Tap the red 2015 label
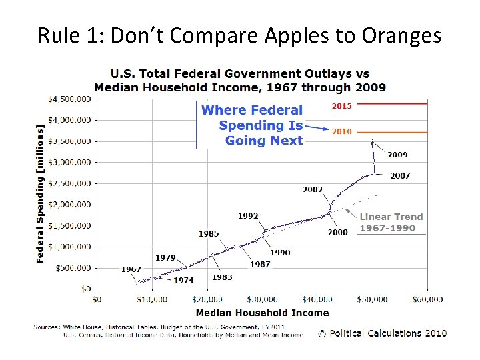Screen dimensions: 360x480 (342, 105)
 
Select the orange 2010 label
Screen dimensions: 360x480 (342, 131)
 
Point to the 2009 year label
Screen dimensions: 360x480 (398, 155)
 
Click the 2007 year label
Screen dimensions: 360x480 (400, 176)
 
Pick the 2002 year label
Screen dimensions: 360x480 (313, 189)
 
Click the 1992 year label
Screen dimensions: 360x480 (248, 216)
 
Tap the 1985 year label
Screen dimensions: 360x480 (209, 233)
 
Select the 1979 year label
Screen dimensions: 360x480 (165, 257)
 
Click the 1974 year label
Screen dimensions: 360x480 (183, 281)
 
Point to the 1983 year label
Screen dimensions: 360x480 (222, 277)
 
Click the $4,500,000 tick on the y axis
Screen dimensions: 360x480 (69, 99)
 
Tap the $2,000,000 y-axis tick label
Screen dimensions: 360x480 (69, 204)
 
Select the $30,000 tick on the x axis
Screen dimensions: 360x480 (262, 300)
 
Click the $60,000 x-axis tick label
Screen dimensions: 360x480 (427, 300)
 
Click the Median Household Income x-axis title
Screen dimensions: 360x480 (262, 313)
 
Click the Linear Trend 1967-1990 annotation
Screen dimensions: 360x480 (391, 222)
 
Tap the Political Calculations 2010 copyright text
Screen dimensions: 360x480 (382, 333)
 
